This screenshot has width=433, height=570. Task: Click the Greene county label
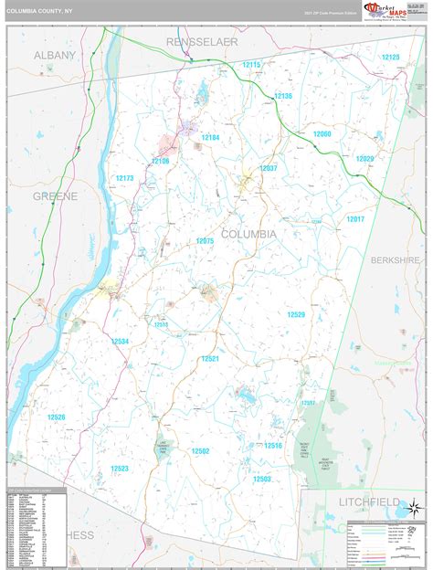[x=56, y=196]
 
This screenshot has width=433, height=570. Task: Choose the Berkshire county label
[x=399, y=260]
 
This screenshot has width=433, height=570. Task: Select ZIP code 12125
[x=390, y=57]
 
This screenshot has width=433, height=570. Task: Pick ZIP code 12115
[x=251, y=65]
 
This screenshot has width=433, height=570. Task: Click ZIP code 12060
[x=322, y=134]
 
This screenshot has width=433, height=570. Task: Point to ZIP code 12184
[x=211, y=137]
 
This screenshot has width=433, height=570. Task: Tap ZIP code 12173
[x=125, y=178]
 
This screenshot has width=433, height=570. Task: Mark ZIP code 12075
[x=205, y=241]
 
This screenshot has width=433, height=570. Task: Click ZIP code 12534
[x=121, y=341]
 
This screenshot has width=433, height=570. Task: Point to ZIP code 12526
[x=57, y=417]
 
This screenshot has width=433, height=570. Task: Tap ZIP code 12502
[x=201, y=450]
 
